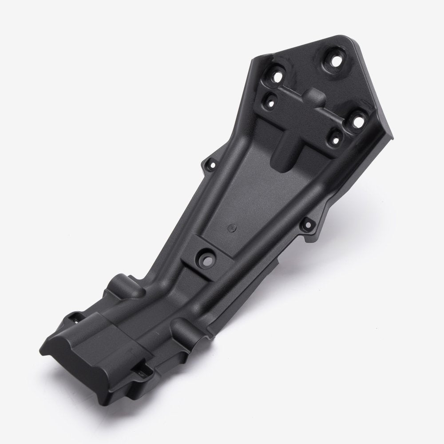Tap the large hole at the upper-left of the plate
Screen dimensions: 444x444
(x=278, y=76)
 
